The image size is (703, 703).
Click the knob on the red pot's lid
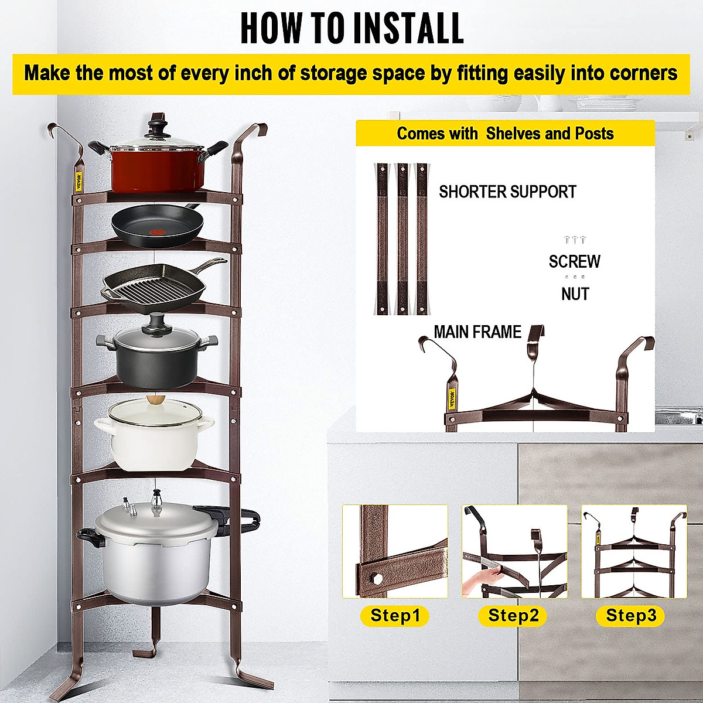click(156, 124)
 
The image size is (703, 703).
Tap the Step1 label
click(395, 616)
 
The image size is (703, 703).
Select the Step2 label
click(513, 616)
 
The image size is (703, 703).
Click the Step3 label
click(631, 616)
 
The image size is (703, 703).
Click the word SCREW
click(574, 261)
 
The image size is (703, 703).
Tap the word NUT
click(575, 294)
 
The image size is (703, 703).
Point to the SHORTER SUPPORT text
click(507, 192)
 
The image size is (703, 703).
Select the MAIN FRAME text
click(477, 332)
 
